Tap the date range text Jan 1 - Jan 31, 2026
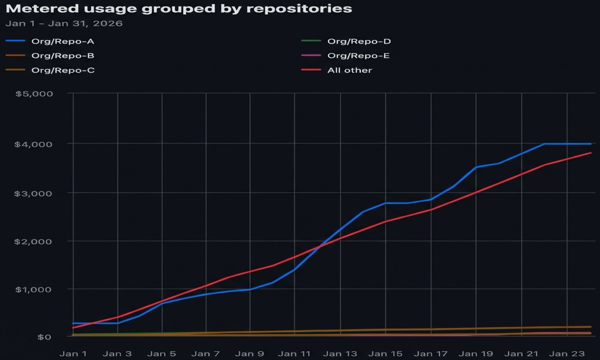point(64,24)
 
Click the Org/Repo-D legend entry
point(359,42)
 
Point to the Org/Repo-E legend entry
point(359,56)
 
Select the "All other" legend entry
point(349,70)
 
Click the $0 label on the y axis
point(45,337)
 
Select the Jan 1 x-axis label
point(73,354)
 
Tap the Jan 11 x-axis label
point(295,354)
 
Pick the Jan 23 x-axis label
point(565,354)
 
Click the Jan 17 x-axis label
point(431,354)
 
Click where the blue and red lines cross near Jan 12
point(319,246)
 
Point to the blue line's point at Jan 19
point(476,167)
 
